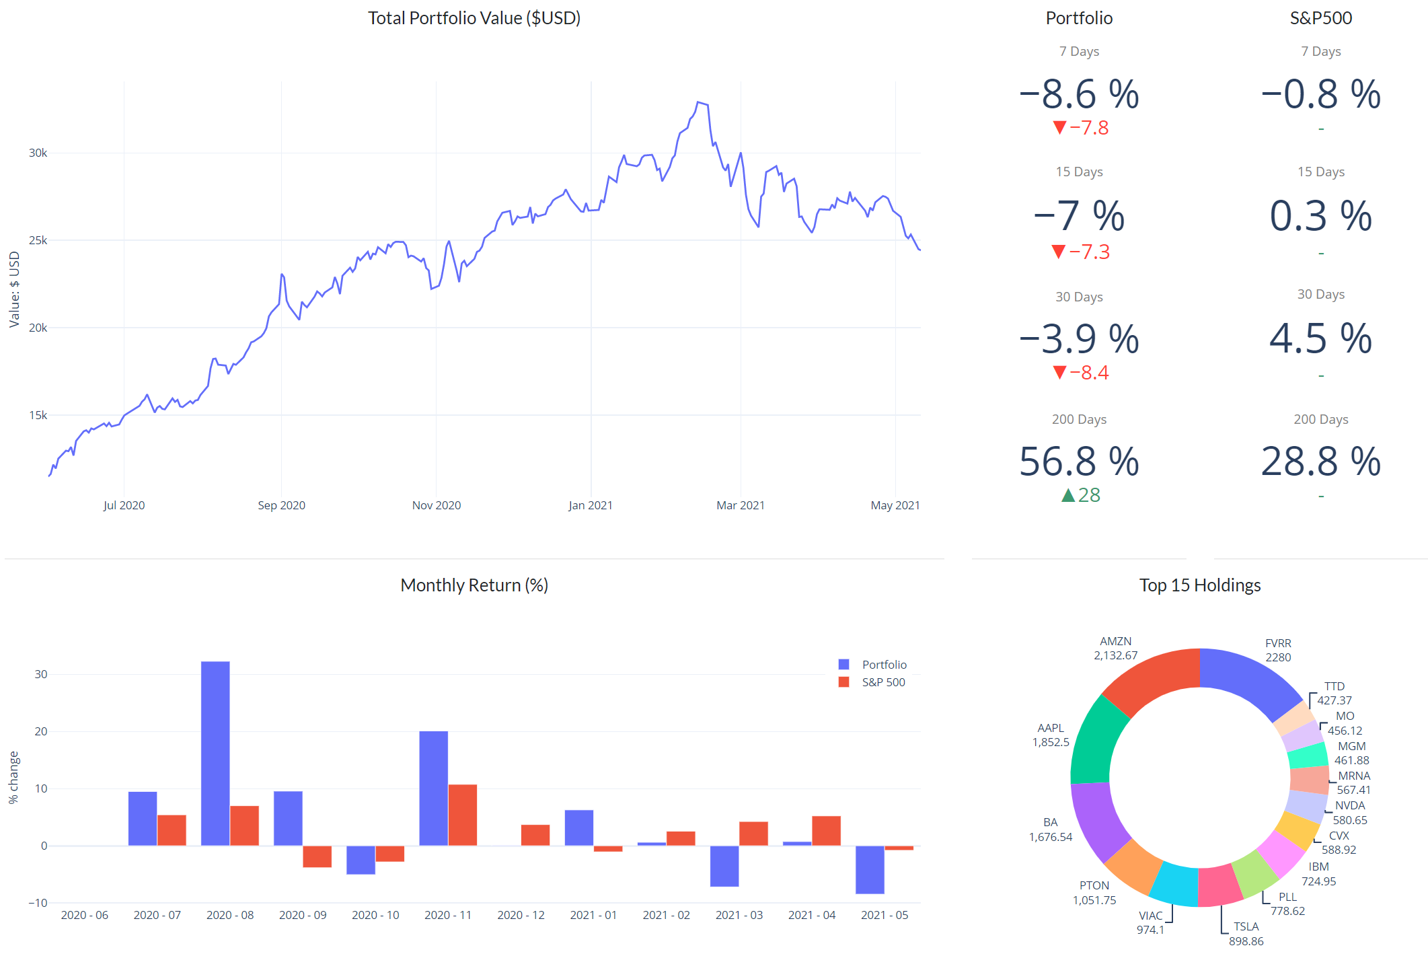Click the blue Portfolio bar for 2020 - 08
point(215,754)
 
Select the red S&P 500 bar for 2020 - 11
point(462,815)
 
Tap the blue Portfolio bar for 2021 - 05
point(870,869)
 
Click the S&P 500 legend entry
point(882,682)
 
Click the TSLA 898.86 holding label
point(1246,934)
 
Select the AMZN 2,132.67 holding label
point(1115,649)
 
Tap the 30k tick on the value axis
point(38,153)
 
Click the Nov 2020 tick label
point(436,505)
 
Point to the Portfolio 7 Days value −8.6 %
point(1079,94)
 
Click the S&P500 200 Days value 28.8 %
point(1320,462)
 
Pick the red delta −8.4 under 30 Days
point(1080,373)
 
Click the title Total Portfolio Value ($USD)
point(474,18)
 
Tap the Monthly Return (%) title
point(474,585)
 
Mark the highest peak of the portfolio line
point(699,102)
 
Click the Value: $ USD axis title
point(14,289)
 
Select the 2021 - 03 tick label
point(739,915)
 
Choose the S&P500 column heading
point(1320,18)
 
